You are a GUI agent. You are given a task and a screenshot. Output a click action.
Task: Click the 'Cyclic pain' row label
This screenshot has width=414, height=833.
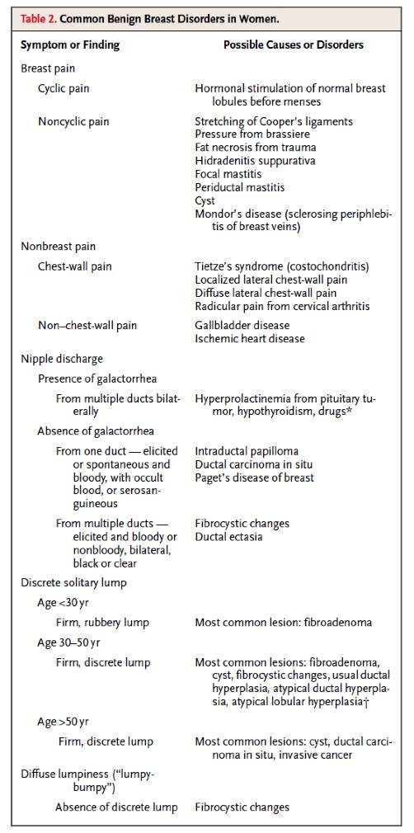click(65, 87)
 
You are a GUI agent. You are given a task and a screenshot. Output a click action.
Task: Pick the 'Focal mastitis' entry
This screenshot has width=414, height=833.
click(229, 174)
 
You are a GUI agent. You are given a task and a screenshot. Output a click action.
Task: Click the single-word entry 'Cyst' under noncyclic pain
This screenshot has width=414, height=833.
click(205, 200)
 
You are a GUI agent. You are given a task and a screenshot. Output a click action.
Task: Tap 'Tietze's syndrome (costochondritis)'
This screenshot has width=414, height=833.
click(281, 266)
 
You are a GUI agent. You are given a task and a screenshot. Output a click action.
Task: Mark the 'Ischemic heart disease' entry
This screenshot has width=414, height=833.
click(250, 338)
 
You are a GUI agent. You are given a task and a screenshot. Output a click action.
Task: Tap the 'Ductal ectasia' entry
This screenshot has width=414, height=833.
click(230, 536)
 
